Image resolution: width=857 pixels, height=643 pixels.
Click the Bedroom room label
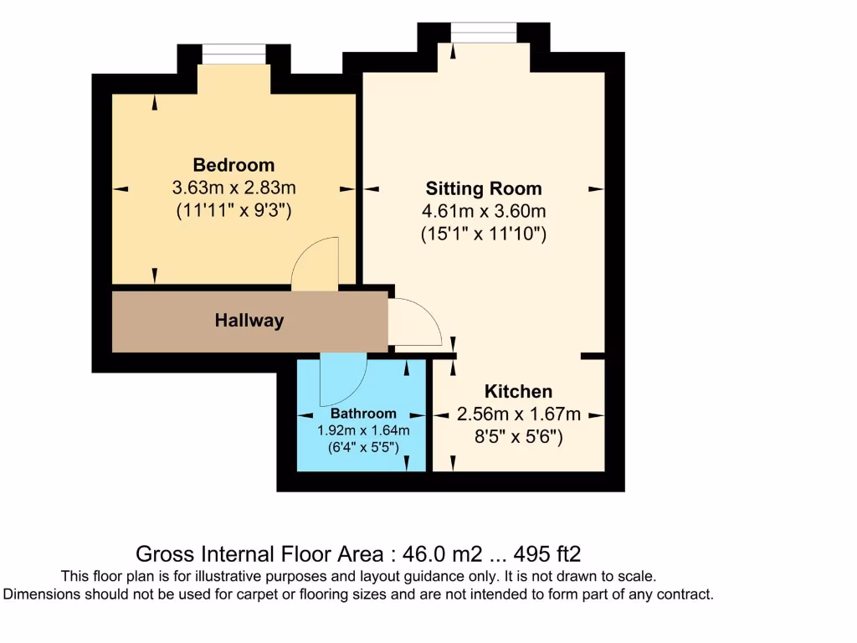233,164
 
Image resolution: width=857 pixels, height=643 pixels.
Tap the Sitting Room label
483,188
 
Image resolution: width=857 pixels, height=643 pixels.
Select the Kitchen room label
518,392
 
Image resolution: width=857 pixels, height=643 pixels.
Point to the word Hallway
249,320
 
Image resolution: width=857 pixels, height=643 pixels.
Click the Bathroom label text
362,414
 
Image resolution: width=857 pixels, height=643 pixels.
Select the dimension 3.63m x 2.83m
233,188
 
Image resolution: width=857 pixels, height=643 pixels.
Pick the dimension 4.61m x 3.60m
483,212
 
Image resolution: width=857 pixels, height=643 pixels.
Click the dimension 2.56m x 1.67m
518,414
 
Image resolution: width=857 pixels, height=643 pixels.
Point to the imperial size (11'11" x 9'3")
233,211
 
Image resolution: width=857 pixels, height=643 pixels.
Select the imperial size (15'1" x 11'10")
483,235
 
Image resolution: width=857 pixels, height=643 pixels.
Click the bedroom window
234,54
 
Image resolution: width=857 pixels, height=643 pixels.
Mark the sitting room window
484,33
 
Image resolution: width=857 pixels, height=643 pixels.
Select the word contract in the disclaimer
682,594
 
